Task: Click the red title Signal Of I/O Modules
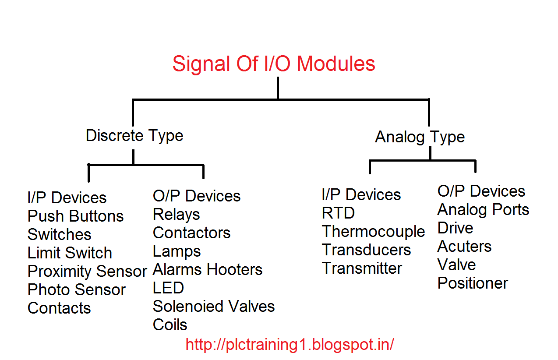(274, 64)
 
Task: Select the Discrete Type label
(134, 136)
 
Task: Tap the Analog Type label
(420, 137)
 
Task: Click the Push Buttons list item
(75, 216)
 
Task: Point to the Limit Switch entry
(70, 253)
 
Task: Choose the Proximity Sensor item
(87, 272)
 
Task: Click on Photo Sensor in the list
(76, 290)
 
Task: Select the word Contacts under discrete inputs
(59, 308)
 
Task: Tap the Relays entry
(176, 215)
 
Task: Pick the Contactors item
(191, 233)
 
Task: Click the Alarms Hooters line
(207, 270)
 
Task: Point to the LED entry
(168, 288)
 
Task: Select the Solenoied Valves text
(213, 307)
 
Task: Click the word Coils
(170, 325)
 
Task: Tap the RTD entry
(338, 213)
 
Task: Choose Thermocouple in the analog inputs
(373, 232)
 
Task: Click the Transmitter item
(362, 268)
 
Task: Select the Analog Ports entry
(483, 210)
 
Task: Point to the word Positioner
(473, 283)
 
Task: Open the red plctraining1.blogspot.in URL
(290, 345)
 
